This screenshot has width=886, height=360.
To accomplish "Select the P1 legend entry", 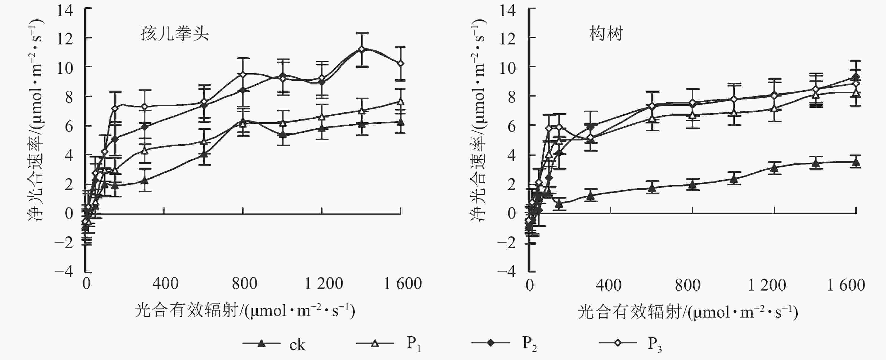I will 389,343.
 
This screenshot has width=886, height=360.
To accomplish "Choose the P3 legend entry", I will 630,343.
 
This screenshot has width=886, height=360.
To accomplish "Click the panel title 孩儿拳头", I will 174,34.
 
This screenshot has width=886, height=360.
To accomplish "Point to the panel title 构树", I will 606,34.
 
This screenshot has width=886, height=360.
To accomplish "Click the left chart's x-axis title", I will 244,311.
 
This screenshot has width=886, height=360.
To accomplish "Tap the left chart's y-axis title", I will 35,120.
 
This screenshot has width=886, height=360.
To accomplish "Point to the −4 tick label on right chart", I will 507,272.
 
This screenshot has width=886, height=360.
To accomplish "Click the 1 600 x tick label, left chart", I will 402,284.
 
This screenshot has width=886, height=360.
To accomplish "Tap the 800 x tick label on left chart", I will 244,284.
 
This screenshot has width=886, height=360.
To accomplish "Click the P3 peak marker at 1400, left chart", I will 361,49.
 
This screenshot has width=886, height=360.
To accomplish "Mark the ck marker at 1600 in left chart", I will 400,122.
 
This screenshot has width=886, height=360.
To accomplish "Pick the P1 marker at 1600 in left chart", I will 400,102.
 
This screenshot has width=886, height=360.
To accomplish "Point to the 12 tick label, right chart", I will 508,39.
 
